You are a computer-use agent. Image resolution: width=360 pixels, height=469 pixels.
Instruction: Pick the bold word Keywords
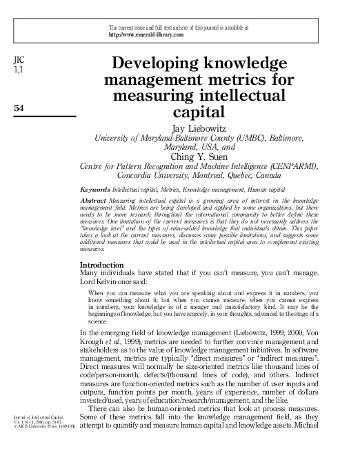(94, 188)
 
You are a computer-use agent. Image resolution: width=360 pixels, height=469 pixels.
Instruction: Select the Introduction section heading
(102, 246)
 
